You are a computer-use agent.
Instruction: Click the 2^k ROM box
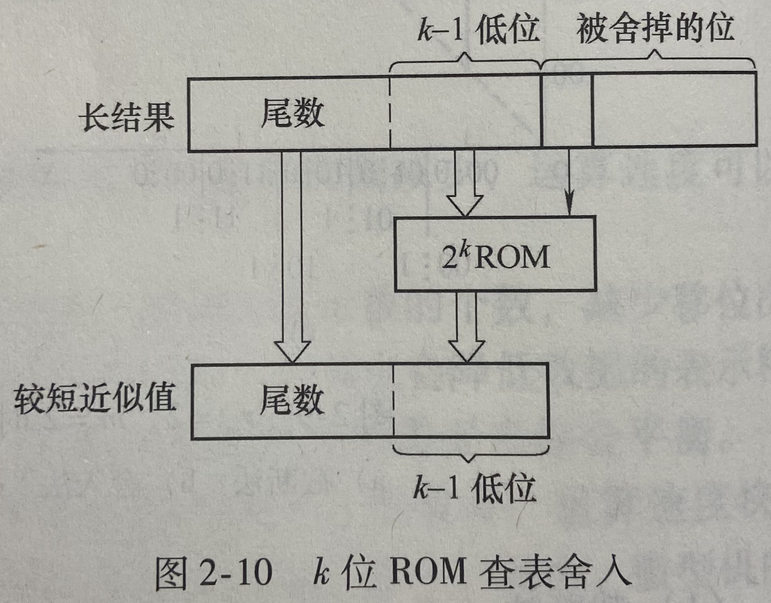495,254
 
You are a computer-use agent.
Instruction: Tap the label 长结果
127,116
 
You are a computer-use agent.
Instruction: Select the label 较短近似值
95,398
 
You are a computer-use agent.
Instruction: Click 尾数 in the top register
293,113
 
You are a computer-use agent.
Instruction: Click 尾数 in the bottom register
292,400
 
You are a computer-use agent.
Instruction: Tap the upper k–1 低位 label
478,29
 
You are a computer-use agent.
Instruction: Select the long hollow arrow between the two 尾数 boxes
291,257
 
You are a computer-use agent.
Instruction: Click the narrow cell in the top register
567,110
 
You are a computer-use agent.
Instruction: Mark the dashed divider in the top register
390,113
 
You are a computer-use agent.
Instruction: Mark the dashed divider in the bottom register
393,401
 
